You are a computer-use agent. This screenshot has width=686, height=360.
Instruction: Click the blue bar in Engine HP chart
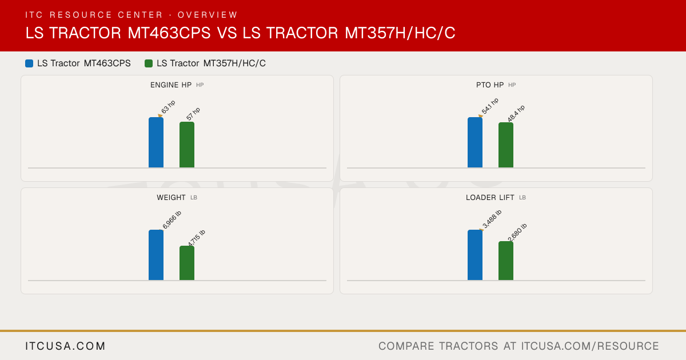coord(156,142)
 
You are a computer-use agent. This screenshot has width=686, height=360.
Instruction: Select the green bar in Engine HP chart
coord(187,145)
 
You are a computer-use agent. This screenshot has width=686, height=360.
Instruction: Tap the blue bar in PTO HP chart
coord(475,142)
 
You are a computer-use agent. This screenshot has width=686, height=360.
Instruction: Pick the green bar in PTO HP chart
coord(506,145)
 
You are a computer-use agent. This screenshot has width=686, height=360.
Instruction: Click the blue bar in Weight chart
coord(156,255)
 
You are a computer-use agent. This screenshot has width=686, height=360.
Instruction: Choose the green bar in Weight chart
coord(187,263)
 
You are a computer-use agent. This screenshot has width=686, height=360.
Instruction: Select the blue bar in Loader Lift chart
coord(475,255)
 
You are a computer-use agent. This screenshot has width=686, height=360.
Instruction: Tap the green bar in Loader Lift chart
coord(506,261)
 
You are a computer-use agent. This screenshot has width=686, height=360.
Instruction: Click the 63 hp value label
coord(168,107)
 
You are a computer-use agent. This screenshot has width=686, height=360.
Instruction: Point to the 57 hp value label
coord(193,114)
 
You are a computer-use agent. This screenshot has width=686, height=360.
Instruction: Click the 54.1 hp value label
coord(490,106)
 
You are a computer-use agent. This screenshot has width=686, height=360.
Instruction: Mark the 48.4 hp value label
coord(516,113)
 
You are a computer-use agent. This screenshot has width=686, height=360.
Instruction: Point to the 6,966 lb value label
coord(172,219)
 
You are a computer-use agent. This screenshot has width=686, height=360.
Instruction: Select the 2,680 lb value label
coord(517,233)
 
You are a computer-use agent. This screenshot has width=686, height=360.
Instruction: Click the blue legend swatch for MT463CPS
coord(29,63)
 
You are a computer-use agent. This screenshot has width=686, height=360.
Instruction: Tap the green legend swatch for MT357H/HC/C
coord(149,63)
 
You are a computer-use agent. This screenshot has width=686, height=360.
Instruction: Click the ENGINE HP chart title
coord(171,85)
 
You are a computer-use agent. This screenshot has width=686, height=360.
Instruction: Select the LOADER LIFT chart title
coord(490,198)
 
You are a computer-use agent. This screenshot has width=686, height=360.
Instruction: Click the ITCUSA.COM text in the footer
coord(65,346)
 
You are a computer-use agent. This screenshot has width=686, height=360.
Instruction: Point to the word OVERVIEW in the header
coord(208,15)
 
